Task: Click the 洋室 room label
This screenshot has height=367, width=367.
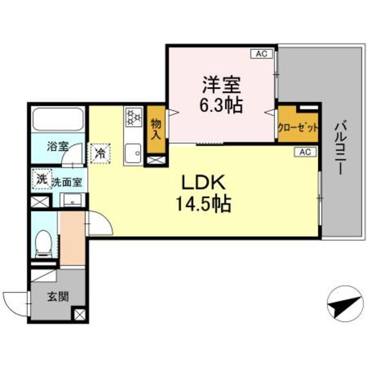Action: click(221, 85)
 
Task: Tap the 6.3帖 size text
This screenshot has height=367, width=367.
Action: click(221, 104)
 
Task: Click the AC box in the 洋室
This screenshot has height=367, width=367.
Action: click(261, 54)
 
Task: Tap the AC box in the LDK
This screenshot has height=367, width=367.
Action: click(304, 152)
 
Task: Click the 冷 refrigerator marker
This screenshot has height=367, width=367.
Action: click(100, 153)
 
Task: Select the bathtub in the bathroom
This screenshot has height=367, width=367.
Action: click(58, 120)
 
